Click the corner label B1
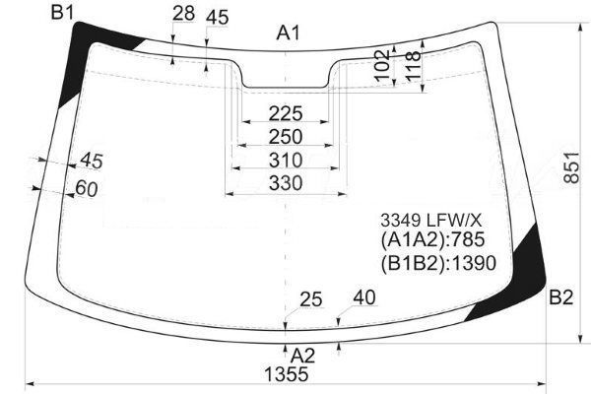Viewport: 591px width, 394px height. click(63, 13)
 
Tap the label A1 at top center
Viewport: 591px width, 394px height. click(289, 33)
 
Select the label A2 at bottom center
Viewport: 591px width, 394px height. click(302, 356)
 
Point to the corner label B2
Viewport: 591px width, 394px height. click(561, 297)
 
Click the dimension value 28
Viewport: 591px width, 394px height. click(183, 14)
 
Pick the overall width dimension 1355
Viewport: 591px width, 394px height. click(287, 374)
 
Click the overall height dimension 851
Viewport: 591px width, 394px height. click(571, 167)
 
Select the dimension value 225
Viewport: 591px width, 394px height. click(286, 113)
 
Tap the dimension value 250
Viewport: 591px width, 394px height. click(286, 137)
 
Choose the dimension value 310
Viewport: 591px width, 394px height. click(286, 161)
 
